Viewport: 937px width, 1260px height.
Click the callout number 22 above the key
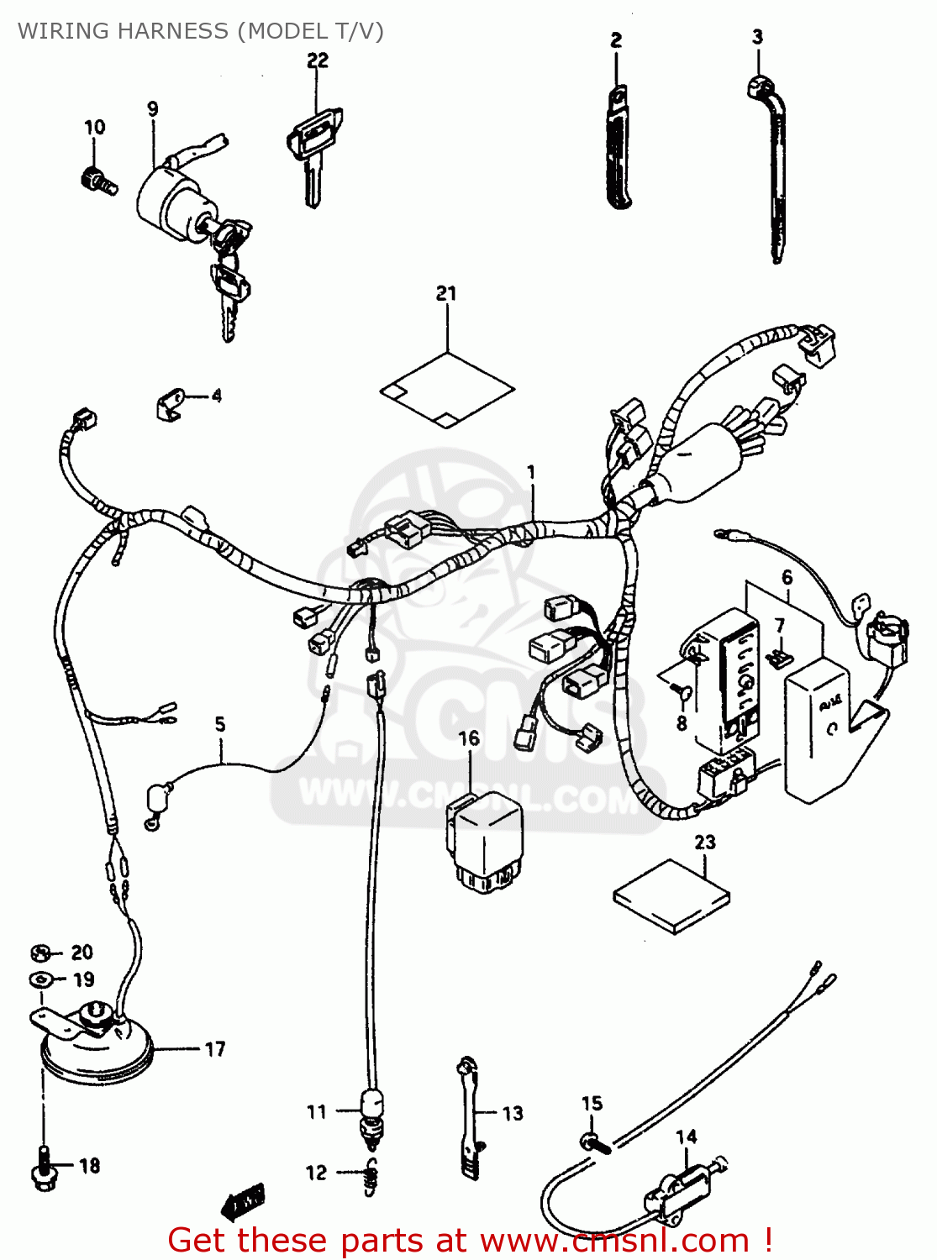[x=318, y=60]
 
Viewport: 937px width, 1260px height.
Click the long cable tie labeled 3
[x=775, y=168]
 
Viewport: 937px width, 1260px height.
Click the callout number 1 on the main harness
[x=531, y=473]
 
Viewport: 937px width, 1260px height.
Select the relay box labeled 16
[x=483, y=840]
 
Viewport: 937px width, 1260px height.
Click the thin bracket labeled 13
[x=468, y=1117]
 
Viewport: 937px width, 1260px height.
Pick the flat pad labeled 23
[x=672, y=896]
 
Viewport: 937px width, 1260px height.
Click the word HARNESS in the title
[x=172, y=31]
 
